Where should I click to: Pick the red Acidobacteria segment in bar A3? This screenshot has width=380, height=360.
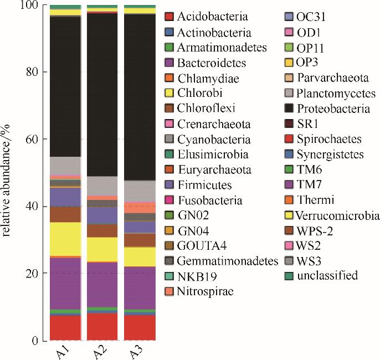pyautogui.click(x=139, y=327)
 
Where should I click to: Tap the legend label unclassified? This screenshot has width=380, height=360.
pyautogui.click(x=327, y=275)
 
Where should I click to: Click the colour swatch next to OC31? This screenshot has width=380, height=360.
pyautogui.click(x=287, y=18)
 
